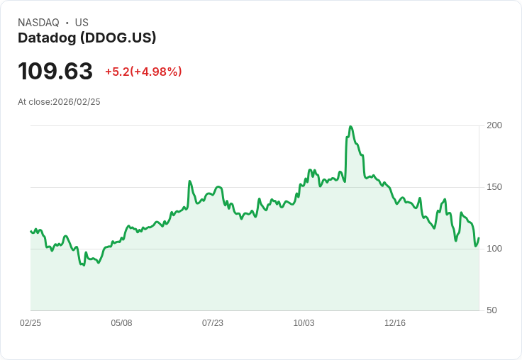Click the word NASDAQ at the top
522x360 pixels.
[38, 23]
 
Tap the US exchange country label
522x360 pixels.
[82, 23]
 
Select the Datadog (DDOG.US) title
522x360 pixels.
[87, 38]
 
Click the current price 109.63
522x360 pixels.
[55, 72]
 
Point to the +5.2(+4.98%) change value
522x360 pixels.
[143, 72]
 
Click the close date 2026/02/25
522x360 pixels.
[77, 102]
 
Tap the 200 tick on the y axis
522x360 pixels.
[494, 125]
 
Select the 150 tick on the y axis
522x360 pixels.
[494, 187]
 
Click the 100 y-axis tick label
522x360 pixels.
[494, 249]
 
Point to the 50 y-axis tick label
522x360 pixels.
[492, 310]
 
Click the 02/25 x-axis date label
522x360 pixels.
[30, 323]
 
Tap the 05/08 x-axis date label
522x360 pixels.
[121, 323]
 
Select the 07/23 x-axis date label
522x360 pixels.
[213, 323]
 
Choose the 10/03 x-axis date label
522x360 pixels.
[304, 323]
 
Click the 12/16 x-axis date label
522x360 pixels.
[395, 323]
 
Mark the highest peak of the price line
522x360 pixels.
[350, 127]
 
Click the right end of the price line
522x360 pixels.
[479, 238]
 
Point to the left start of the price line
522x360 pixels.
[31, 231]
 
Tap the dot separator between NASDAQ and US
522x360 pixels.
[67, 23]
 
